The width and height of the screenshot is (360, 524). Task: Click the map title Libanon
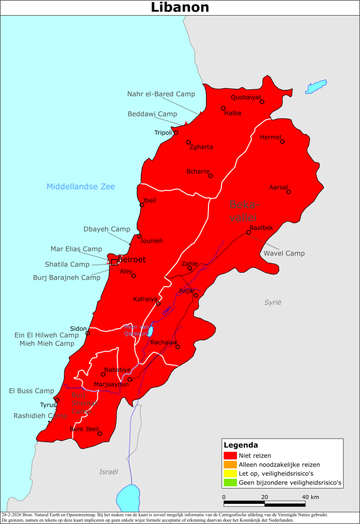pyautogui.click(x=180, y=8)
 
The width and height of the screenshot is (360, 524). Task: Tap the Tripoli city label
pyautogui.click(x=163, y=133)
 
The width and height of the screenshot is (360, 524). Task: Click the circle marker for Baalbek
pyautogui.click(x=249, y=233)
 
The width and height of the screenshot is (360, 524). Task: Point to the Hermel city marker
pyautogui.click(x=282, y=142)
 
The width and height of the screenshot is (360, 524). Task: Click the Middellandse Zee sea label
pyautogui.click(x=81, y=186)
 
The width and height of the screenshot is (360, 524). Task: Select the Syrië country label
pyautogui.click(x=272, y=302)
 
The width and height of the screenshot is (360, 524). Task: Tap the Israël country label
pyautogui.click(x=109, y=472)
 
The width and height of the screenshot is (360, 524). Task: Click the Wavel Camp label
pyautogui.click(x=284, y=253)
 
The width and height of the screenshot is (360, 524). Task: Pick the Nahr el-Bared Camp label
pyautogui.click(x=161, y=93)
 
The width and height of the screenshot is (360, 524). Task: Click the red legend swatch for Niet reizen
pyautogui.click(x=230, y=456)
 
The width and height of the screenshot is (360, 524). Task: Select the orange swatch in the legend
pyautogui.click(x=230, y=464)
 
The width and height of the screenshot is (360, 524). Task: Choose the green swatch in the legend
pyautogui.click(x=230, y=482)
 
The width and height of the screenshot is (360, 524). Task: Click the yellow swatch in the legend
pyautogui.click(x=230, y=474)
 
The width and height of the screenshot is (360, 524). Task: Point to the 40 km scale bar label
pyautogui.click(x=311, y=497)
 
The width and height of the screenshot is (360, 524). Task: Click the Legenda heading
pyautogui.click(x=241, y=445)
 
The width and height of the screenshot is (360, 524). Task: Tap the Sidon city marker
pyautogui.click(x=88, y=333)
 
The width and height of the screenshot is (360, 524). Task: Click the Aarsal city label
pyautogui.click(x=279, y=187)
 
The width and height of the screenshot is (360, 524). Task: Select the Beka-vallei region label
pyautogui.click(x=246, y=211)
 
